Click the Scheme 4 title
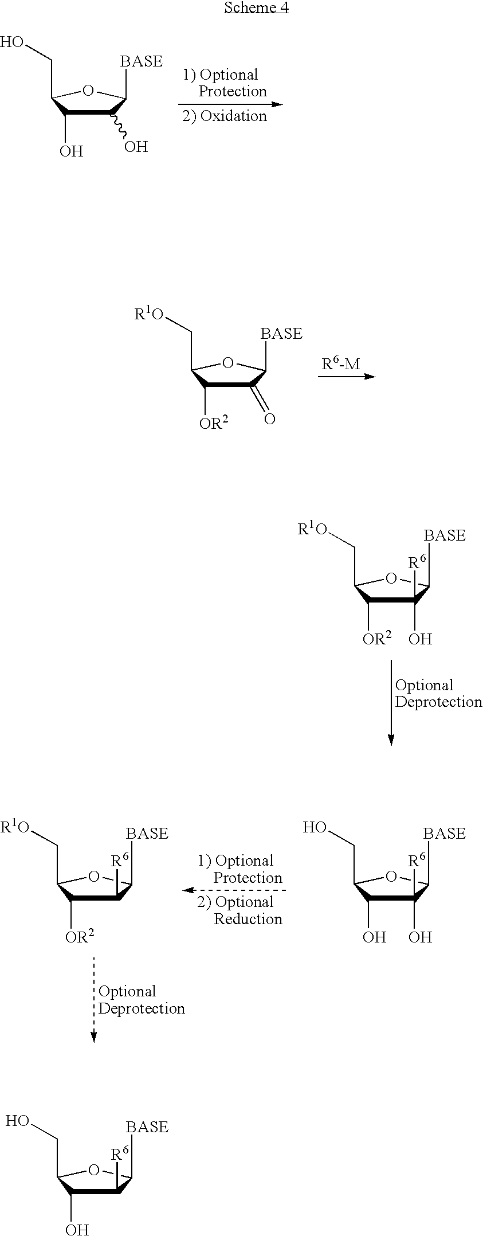click(256, 7)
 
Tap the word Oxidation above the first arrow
click(233, 116)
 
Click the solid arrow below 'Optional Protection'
click(230, 104)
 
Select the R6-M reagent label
click(340, 363)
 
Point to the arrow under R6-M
click(347, 377)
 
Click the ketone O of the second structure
click(269, 419)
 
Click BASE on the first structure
click(141, 61)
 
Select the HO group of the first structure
click(12, 42)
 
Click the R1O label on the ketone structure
click(149, 315)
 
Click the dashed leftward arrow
click(234, 890)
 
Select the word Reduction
click(248, 919)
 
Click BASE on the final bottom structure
click(147, 1127)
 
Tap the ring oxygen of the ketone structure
click(228, 363)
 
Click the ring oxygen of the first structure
click(88, 91)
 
